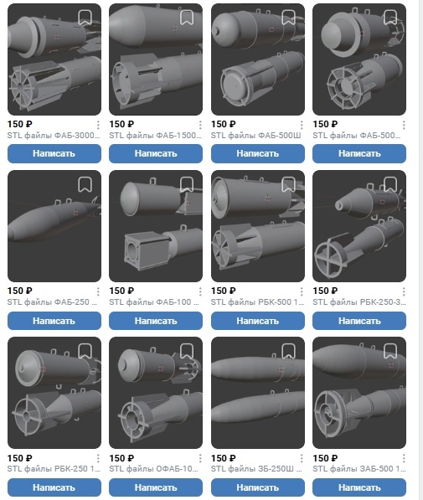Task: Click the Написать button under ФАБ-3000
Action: [54, 153]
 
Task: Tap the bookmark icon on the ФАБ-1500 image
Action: [187, 18]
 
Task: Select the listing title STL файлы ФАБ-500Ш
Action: [255, 136]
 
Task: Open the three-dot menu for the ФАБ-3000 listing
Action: [98, 125]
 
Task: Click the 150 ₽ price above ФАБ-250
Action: [20, 291]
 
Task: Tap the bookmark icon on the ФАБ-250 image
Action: [85, 184]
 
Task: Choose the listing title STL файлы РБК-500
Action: [257, 302]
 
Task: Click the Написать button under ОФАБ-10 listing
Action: [156, 487]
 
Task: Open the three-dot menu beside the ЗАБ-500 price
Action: [404, 458]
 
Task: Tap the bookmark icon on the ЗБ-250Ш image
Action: [288, 351]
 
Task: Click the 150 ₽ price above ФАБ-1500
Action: [121, 124]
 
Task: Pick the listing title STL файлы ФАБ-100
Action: [154, 302]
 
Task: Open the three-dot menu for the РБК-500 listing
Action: [302, 291]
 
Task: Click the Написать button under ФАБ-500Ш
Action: [258, 153]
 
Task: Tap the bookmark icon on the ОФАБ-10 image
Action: [187, 351]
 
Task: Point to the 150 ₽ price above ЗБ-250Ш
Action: [224, 458]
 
